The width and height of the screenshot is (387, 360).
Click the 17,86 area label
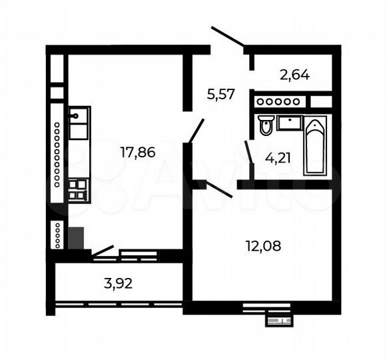pyautogui.click(x=137, y=152)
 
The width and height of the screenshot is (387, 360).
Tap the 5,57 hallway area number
pyautogui.click(x=220, y=94)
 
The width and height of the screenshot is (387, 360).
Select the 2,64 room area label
pyautogui.click(x=294, y=75)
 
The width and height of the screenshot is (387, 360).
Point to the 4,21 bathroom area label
pyautogui.click(x=278, y=158)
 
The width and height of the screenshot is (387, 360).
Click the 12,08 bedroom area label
pyautogui.click(x=264, y=246)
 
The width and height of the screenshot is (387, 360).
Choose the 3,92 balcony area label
pyautogui.click(x=119, y=283)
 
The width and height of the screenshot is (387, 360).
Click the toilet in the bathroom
pyautogui.click(x=266, y=125)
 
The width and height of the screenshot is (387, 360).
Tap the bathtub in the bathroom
pyautogui.click(x=315, y=145)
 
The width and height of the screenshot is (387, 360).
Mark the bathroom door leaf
pyautogui.click(x=248, y=151)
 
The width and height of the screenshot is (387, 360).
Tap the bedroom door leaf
pyautogui.click(x=218, y=189)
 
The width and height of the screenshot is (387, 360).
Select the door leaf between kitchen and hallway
pyautogui.click(x=196, y=130)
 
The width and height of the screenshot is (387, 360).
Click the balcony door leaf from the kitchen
pyautogui.click(x=103, y=251)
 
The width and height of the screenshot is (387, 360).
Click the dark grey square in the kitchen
pyautogui.click(x=75, y=238)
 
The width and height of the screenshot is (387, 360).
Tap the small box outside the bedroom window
pyautogui.click(x=278, y=321)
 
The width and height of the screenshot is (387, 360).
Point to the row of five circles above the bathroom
pyautogui.click(x=278, y=101)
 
